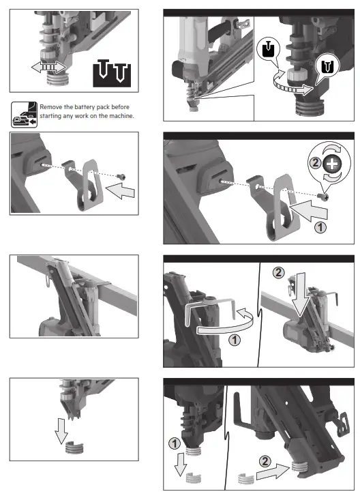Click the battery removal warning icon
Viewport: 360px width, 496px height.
point(23,113)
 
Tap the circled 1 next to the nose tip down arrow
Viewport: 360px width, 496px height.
point(175,444)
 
